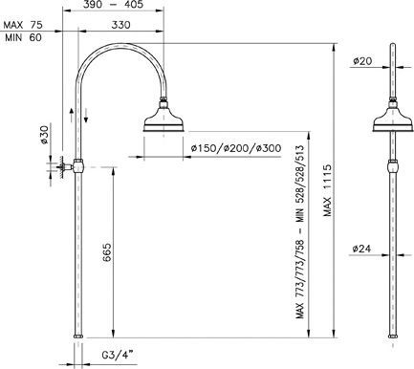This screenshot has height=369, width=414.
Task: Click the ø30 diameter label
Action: pyautogui.click(x=44, y=137)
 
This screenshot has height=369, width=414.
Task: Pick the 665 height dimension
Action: pyautogui.click(x=107, y=253)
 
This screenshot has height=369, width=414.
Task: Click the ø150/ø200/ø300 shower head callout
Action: pyautogui.click(x=235, y=149)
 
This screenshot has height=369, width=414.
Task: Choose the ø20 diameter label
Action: pyautogui.click(x=362, y=60)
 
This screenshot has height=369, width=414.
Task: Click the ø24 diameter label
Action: pyautogui.click(x=362, y=249)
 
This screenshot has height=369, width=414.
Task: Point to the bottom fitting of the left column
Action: pyautogui.click(x=78, y=336)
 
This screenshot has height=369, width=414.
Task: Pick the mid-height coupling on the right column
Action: pyautogui.click(x=394, y=165)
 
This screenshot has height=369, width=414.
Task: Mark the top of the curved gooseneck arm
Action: pyautogui.click(x=120, y=45)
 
